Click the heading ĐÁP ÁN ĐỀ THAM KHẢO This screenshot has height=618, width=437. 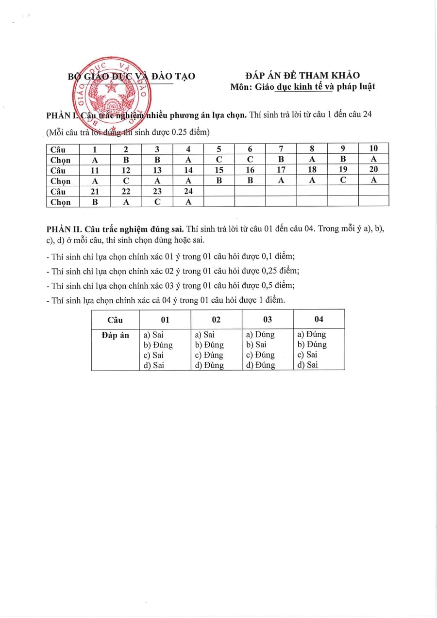(303, 75)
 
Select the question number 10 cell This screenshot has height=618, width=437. (373, 149)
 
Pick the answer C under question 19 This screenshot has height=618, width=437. (343, 180)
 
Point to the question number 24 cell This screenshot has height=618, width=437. (188, 191)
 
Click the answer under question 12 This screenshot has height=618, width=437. (126, 180)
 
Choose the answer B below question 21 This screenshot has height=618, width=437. (95, 202)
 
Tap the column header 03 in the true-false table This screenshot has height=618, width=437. (267, 319)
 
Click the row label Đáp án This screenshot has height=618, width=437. (116, 335)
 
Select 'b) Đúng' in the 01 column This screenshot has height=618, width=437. (158, 345)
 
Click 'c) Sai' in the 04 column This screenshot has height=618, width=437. (307, 355)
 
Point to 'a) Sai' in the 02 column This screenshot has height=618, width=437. (204, 334)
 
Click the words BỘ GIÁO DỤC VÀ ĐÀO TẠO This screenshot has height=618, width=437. (131, 76)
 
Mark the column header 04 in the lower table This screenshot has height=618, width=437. (319, 319)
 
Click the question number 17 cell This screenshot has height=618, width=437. (281, 170)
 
